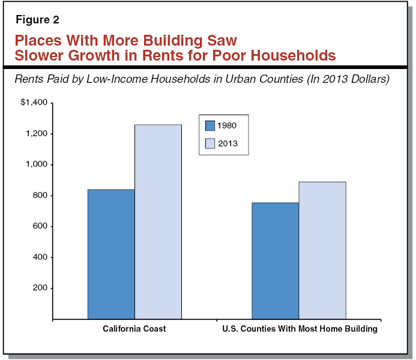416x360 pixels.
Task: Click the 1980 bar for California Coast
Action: pos(111,254)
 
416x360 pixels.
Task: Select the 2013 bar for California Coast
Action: pos(158,221)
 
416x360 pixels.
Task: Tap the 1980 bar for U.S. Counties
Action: pos(275,260)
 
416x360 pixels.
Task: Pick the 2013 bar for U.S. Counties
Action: pos(322,250)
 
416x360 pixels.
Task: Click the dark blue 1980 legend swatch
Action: pos(210,125)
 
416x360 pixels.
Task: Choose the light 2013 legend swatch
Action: pos(210,143)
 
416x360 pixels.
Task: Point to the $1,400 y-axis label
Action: pos(34,103)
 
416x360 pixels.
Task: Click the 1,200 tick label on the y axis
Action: pos(36,134)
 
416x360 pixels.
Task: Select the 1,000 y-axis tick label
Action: pos(36,164)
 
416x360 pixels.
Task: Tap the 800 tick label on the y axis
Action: pos(40,196)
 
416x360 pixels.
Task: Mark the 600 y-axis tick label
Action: pos(40,226)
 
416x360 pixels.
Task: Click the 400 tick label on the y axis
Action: pos(40,257)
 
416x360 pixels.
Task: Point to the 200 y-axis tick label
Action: pos(40,288)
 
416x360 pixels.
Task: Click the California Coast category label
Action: pos(134,329)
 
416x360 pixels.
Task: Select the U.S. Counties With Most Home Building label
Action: pos(299,329)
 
